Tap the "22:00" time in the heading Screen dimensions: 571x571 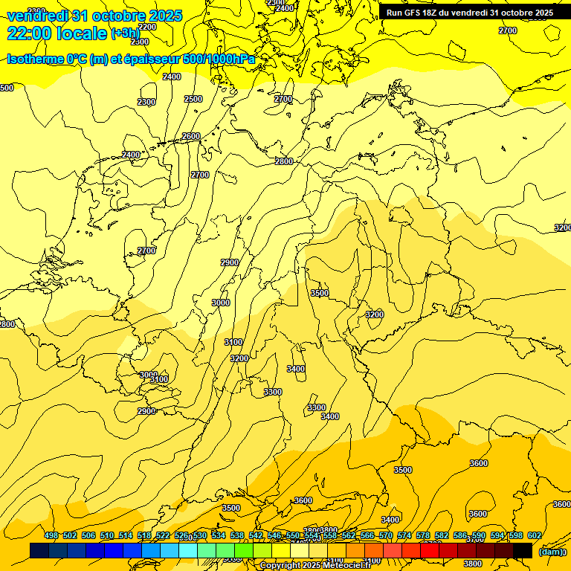29,33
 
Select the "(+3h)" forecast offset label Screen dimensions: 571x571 125,33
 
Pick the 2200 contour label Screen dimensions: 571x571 147,27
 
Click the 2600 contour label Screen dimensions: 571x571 191,136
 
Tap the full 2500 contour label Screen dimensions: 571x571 193,99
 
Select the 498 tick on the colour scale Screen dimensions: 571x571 51,535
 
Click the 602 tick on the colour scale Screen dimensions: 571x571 535,535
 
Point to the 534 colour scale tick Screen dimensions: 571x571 219,535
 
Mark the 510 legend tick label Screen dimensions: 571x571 107,535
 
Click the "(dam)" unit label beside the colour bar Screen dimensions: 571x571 551,552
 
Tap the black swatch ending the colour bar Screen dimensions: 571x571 523,550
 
